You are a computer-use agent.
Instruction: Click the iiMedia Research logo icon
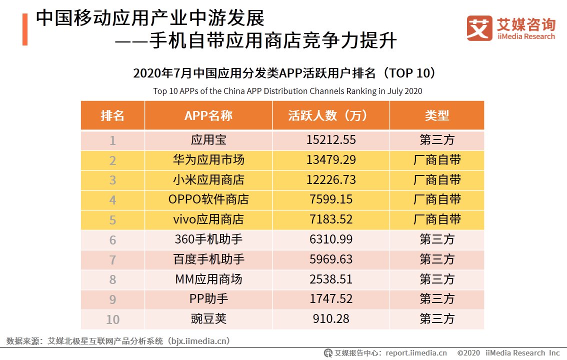(x=479, y=28)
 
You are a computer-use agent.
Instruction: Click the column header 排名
(x=112, y=115)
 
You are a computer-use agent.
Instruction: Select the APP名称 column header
(x=208, y=115)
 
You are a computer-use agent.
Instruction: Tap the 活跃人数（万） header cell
(x=330, y=115)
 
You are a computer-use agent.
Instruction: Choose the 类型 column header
(x=437, y=115)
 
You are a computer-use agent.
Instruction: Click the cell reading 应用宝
(x=208, y=140)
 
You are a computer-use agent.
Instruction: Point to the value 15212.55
(x=330, y=140)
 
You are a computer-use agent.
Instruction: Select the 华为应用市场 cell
(x=208, y=160)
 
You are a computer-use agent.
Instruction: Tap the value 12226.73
(x=330, y=180)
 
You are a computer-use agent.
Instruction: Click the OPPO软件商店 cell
(x=208, y=199)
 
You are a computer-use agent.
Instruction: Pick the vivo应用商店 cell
(x=208, y=219)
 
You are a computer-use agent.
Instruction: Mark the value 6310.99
(x=330, y=239)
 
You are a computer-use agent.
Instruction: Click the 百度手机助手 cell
(x=208, y=259)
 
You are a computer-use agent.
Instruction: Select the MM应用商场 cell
(x=208, y=279)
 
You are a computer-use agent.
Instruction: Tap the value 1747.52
(x=330, y=299)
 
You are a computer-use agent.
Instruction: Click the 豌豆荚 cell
(x=208, y=318)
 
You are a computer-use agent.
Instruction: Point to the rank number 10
(x=112, y=319)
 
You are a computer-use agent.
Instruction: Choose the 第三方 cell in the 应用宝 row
(x=437, y=140)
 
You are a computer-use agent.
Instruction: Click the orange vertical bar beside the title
(x=24, y=29)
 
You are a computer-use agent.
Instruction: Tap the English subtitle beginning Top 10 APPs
(x=287, y=91)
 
